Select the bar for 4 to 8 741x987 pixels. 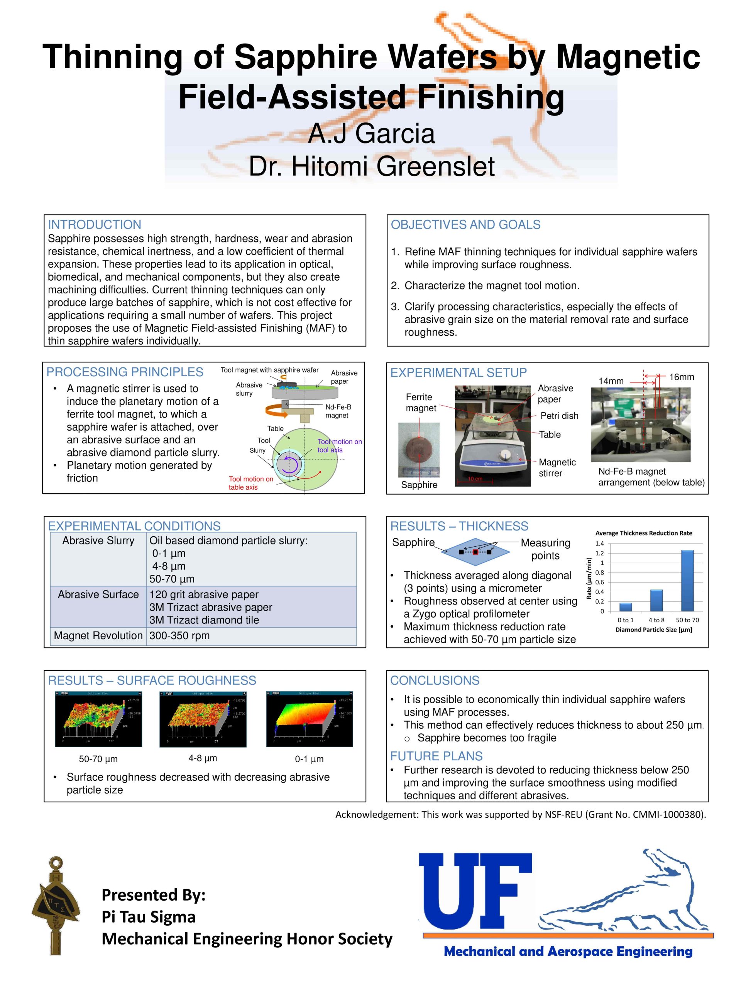656,600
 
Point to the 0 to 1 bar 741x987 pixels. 625,607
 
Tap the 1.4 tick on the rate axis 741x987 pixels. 599,544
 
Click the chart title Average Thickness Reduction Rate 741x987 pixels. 643,533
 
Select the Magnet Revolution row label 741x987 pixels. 98,635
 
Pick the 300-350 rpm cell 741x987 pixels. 179,635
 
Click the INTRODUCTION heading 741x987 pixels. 94,224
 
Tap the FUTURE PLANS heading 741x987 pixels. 436,756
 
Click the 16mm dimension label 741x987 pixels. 681,377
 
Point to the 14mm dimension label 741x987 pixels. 611,381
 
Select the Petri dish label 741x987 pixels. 559,416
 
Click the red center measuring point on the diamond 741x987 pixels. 475,552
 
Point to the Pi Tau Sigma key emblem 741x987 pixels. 56,906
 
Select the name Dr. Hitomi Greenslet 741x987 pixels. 371,167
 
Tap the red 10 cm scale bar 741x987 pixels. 474,480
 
